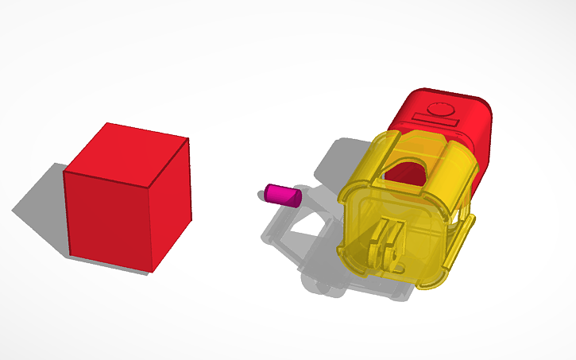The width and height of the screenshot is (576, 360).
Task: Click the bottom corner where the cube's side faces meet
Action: (150, 271)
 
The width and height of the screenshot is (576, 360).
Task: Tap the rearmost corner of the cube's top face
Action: (106, 123)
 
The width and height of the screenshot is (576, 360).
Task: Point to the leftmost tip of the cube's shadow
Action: (13, 211)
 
